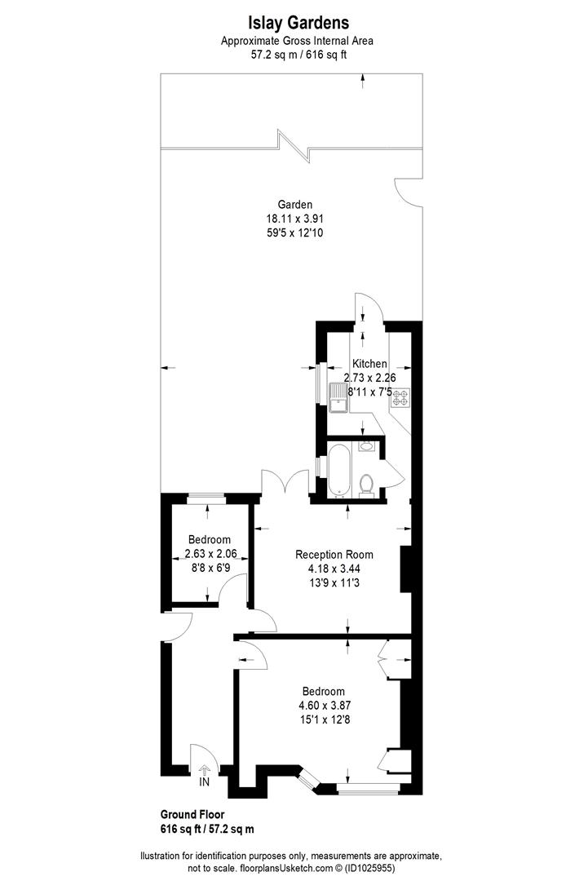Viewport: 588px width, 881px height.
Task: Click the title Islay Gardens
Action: click(294, 24)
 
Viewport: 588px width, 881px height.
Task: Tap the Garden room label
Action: click(294, 205)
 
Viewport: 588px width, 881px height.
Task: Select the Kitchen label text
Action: click(369, 364)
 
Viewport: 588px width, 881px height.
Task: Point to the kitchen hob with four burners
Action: click(400, 398)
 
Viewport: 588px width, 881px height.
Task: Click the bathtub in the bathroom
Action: click(338, 470)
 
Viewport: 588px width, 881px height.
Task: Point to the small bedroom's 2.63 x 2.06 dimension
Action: click(209, 554)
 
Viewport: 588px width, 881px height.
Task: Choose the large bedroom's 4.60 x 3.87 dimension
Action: click(325, 705)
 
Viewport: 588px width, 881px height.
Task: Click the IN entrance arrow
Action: click(204, 769)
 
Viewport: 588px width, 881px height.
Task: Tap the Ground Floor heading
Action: click(192, 814)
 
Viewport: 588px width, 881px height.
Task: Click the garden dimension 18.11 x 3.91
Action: click(294, 219)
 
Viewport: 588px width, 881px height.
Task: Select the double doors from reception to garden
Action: click(285, 484)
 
